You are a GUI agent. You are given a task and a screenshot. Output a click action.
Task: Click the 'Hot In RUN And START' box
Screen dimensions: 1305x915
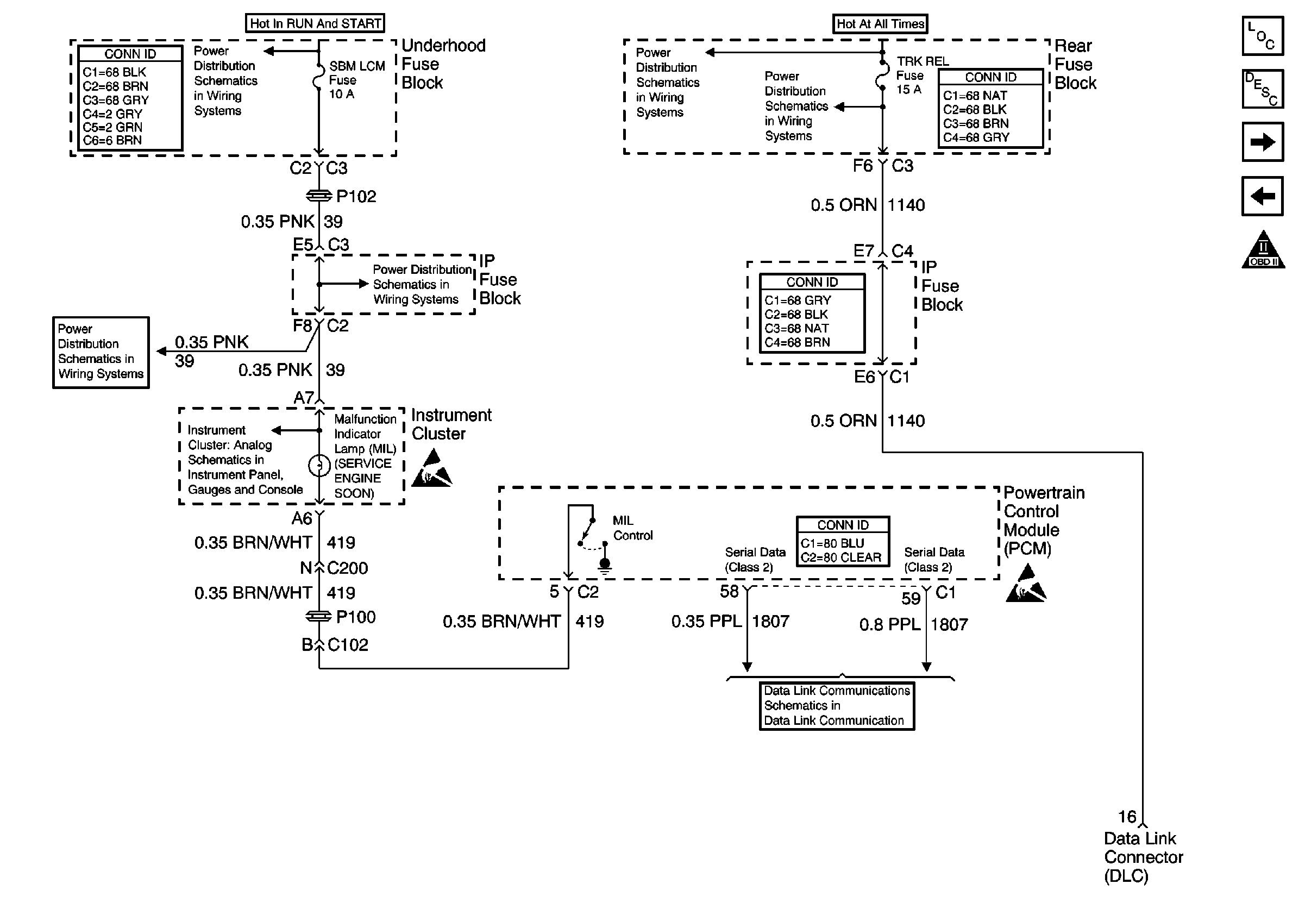pos(315,23)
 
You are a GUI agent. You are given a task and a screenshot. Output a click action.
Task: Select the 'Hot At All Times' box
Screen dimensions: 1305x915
pos(880,24)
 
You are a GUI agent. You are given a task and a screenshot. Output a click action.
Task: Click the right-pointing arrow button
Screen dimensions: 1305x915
pos(1263,142)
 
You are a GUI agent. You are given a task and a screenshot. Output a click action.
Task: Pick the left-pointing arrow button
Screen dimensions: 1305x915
pos(1263,197)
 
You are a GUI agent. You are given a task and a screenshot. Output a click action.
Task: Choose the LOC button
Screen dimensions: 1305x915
pos(1263,36)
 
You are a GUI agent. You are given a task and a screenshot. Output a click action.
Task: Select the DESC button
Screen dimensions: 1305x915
pos(1263,89)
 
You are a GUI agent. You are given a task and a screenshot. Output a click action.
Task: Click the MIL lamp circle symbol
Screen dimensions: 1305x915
pos(319,466)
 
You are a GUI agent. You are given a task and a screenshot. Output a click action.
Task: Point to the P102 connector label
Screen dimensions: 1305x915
pos(356,197)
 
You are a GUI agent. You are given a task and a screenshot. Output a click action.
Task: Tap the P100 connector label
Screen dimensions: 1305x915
pos(356,617)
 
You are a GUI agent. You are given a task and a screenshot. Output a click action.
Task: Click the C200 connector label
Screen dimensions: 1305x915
pos(347,568)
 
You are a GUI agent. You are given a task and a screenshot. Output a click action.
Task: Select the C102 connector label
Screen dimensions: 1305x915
pos(348,645)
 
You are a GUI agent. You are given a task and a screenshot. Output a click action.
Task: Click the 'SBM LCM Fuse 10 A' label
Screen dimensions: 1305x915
pos(357,80)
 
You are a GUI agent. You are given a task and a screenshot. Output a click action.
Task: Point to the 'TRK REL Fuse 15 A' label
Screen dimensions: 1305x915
pos(922,75)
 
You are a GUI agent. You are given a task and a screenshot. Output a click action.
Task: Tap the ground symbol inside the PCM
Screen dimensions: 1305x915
pos(605,566)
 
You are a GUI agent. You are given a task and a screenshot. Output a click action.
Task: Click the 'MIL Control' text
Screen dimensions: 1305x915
pos(632,528)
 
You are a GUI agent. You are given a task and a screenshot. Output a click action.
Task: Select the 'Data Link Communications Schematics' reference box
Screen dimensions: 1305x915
pos(837,706)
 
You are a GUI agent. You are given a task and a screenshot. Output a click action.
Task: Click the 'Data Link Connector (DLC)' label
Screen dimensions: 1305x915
pos(1143,857)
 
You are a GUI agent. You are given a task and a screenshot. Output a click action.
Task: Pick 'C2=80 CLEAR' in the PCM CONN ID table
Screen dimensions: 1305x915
pos(841,557)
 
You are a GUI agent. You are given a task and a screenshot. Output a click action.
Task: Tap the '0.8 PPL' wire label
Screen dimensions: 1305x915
pos(889,625)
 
